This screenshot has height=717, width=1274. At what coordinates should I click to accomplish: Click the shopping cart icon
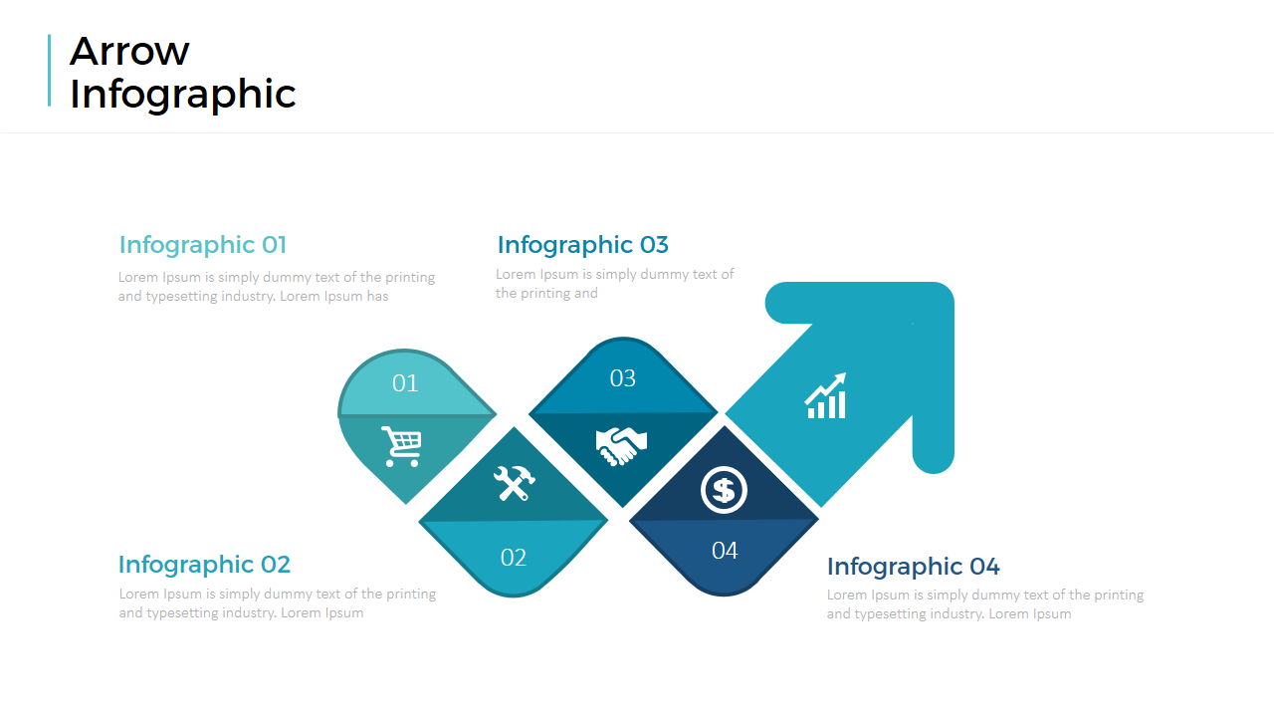401,446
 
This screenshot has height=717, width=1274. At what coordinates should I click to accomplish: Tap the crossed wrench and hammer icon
515,483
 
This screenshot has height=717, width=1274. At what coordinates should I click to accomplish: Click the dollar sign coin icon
724,490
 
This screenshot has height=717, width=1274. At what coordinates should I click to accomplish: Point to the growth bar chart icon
826,396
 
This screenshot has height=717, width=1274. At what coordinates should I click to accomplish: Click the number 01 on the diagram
405,383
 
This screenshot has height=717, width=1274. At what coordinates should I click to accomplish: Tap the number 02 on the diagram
513,558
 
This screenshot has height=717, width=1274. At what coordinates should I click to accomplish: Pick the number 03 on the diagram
623,378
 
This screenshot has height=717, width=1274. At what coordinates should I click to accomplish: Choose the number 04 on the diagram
725,551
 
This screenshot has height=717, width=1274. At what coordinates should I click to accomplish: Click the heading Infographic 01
202,245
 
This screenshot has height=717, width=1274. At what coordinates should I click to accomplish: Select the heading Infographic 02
204,565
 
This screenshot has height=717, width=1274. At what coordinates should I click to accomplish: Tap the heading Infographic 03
583,245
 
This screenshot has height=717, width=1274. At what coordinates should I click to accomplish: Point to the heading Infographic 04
913,567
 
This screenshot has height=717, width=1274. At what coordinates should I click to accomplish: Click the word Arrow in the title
129,51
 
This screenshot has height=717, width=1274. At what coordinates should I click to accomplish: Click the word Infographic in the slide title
182,94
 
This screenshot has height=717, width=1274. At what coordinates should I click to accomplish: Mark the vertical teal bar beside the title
50,71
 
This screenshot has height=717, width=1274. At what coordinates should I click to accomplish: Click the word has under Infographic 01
377,297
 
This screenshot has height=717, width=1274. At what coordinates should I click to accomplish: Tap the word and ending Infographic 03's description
585,294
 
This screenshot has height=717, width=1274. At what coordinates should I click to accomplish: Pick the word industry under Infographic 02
249,613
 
